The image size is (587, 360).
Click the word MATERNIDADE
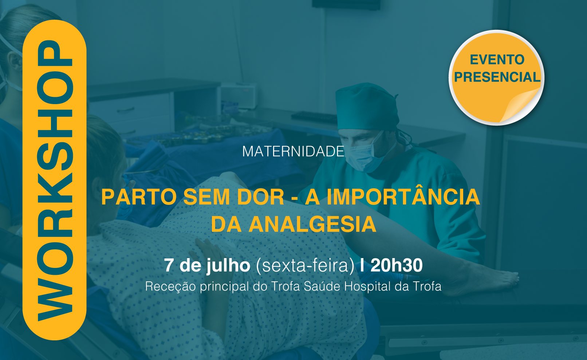(x=293, y=151)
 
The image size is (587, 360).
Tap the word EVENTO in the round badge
(x=497, y=60)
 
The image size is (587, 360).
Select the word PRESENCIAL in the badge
(x=497, y=77)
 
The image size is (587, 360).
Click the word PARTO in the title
(x=139, y=197)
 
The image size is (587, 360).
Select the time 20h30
(x=397, y=265)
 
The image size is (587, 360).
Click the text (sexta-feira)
(x=305, y=266)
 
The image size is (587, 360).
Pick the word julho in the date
(x=228, y=266)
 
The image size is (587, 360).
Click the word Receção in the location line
(x=170, y=286)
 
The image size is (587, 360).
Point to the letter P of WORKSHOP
(x=55, y=53)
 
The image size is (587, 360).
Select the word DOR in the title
(x=261, y=197)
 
